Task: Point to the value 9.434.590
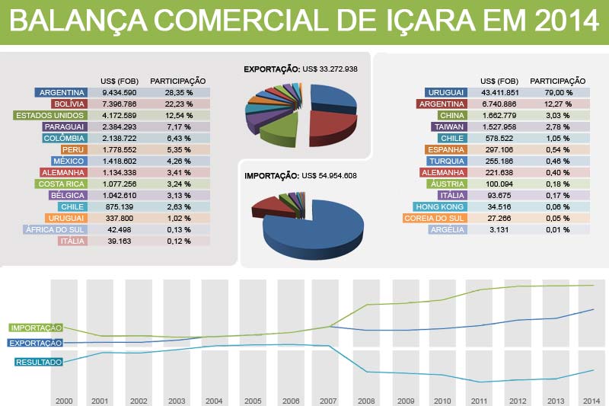[x=119, y=92]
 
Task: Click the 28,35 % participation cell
[x=177, y=92]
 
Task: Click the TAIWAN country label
[x=448, y=126]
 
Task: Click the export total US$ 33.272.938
[x=330, y=69]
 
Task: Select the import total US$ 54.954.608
[x=330, y=175]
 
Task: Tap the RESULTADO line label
[x=38, y=362]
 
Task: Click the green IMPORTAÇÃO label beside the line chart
[x=35, y=328]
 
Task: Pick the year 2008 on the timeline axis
[x=367, y=400]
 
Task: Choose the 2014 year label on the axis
[x=590, y=400]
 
